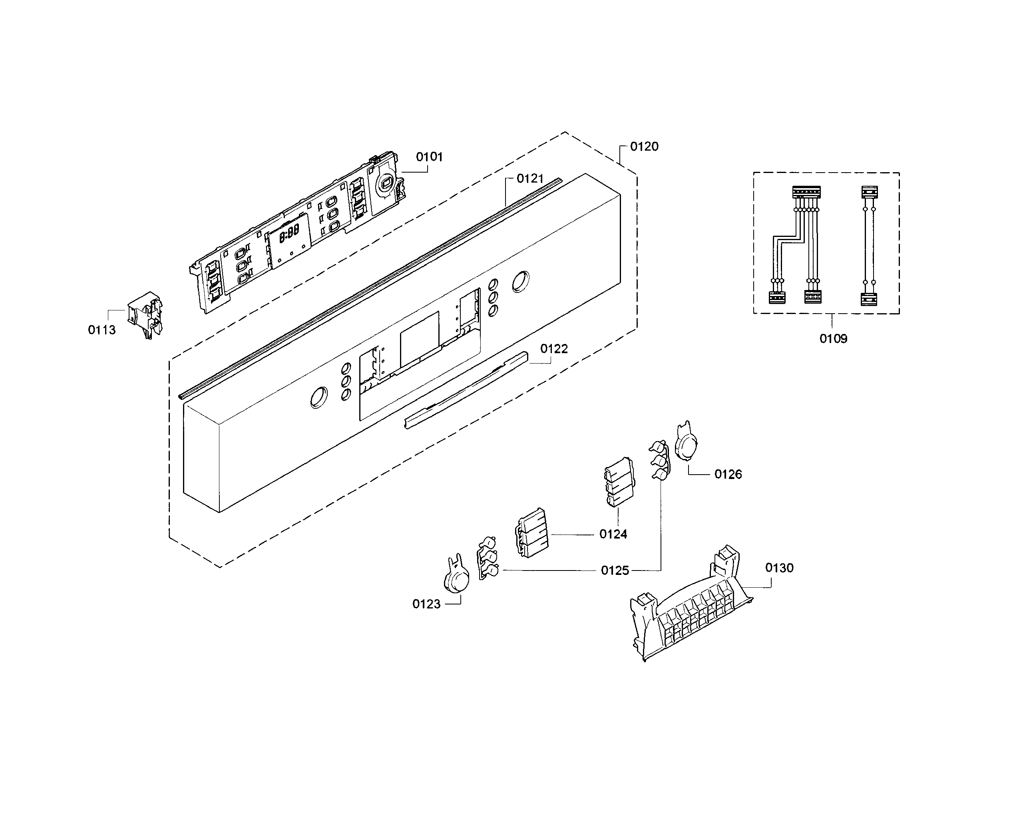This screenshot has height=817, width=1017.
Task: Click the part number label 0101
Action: [429, 157]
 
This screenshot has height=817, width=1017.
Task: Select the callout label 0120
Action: [644, 147]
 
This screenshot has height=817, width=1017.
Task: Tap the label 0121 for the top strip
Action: [530, 179]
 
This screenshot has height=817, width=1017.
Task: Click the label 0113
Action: [102, 330]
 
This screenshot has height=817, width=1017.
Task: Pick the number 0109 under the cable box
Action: [833, 339]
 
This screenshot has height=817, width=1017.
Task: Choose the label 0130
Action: [779, 568]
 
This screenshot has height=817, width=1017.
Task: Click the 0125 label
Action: [615, 571]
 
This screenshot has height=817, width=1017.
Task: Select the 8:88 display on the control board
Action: [289, 233]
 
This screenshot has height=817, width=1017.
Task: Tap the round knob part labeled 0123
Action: [456, 578]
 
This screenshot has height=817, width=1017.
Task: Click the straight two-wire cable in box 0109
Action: [869, 245]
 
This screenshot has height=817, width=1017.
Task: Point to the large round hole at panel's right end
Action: [521, 282]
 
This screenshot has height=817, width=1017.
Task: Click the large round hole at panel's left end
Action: [319, 397]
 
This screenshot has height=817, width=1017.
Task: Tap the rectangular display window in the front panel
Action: [419, 339]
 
